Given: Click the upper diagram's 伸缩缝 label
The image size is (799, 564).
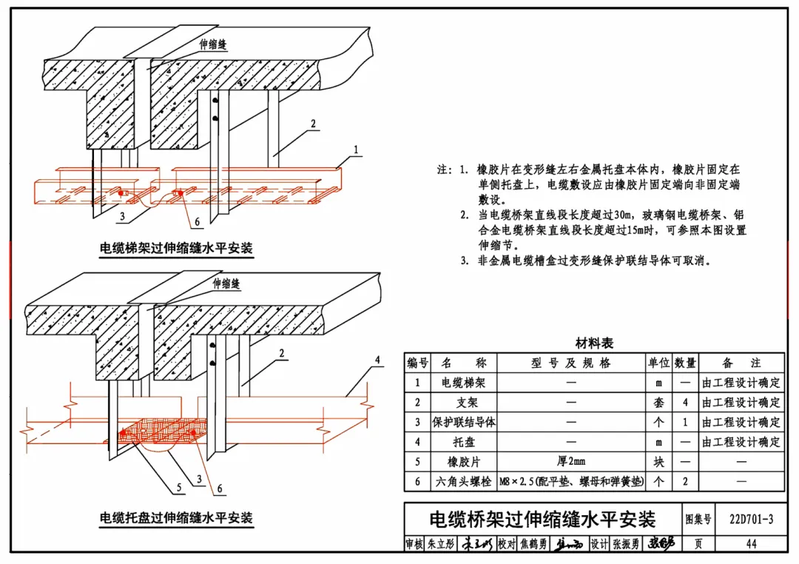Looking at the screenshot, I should [x=212, y=44].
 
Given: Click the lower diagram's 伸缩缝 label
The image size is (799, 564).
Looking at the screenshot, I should [x=227, y=283].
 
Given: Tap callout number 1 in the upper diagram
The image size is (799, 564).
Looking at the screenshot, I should [x=356, y=150].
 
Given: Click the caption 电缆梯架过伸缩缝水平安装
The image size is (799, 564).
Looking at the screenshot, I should [x=176, y=248].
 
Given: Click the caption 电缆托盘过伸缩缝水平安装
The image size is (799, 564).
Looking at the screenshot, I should [x=176, y=517].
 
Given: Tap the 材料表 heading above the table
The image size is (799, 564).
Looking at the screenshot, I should [x=594, y=343].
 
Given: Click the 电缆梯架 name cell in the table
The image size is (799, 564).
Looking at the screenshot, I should [x=463, y=383].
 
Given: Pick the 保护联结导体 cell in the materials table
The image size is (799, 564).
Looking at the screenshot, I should [x=463, y=423].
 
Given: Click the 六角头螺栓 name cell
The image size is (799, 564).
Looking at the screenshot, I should [x=463, y=482].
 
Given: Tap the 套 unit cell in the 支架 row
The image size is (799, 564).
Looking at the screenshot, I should [x=658, y=403].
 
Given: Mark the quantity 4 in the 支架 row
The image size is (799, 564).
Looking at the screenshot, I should [x=685, y=403].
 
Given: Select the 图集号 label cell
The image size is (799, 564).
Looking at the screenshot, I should [x=698, y=520].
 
